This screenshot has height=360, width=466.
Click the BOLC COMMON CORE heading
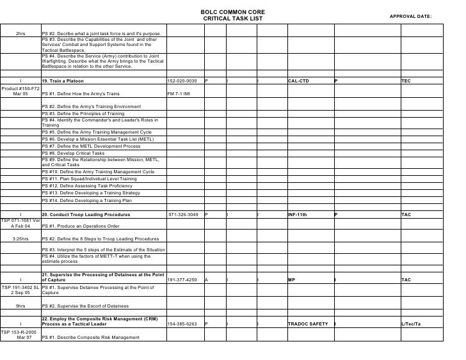[232, 12]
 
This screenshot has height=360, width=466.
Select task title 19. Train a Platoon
[63, 81]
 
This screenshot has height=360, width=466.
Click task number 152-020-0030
[182, 81]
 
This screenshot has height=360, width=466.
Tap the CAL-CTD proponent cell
[298, 81]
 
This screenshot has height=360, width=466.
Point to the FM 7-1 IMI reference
[179, 93]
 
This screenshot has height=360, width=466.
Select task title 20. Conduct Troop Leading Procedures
[86, 215]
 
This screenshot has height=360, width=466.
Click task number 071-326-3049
[183, 215]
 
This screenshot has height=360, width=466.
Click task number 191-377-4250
[182, 280]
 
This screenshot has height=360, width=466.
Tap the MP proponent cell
[291, 280]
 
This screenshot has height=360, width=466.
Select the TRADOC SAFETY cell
[308, 324]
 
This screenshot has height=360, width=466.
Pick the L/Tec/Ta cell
[411, 324]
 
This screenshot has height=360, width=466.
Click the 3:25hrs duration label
[20, 239]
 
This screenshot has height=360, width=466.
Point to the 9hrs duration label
[20, 306]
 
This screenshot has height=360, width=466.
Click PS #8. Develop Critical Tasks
[73, 153]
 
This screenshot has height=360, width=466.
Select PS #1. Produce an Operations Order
[80, 226]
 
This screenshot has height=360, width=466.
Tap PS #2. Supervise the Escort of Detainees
[84, 306]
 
